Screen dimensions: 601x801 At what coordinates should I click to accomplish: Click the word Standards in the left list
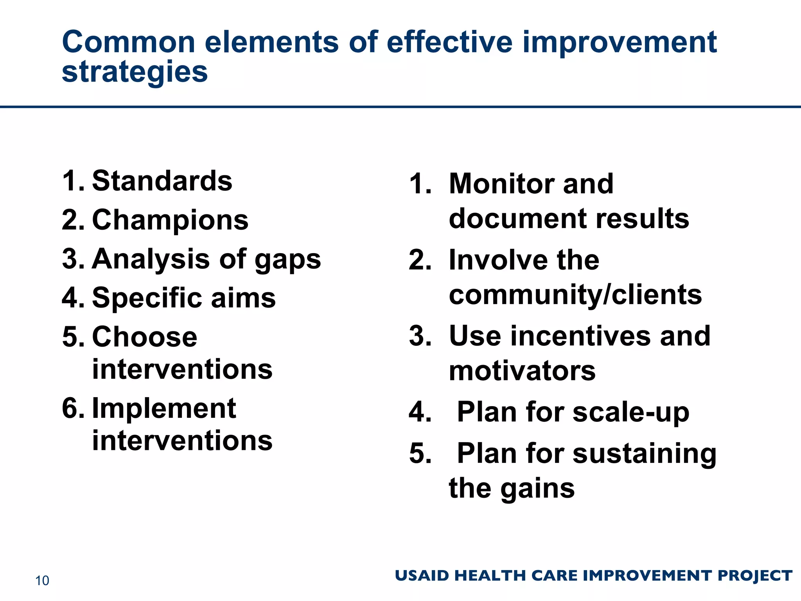[162, 181]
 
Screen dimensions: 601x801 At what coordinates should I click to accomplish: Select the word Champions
[170, 220]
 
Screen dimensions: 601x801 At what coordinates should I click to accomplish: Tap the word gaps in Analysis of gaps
[288, 260]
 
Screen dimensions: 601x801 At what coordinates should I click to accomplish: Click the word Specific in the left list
[147, 298]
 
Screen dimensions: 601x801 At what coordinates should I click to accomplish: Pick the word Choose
[145, 337]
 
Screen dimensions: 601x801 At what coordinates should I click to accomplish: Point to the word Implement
[164, 408]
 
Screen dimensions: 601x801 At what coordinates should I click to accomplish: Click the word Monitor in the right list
[501, 184]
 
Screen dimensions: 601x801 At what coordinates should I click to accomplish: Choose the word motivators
[522, 371]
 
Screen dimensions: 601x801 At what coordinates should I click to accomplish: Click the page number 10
[42, 581]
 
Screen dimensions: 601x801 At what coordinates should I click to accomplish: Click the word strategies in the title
[135, 72]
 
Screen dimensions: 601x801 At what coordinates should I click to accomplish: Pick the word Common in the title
[128, 42]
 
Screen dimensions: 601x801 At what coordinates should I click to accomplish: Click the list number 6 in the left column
[72, 408]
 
